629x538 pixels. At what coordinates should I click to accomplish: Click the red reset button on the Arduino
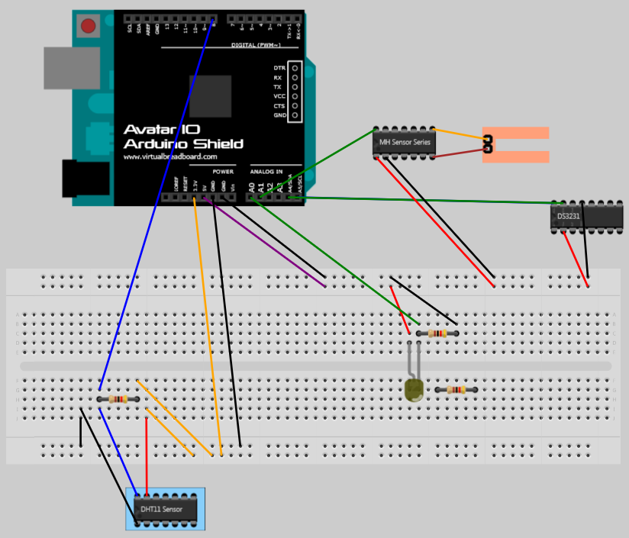tap(89, 27)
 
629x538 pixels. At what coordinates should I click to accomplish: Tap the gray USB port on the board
tap(66, 67)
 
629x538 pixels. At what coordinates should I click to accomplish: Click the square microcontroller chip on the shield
tap(211, 96)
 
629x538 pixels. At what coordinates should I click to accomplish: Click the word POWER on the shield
tap(223, 172)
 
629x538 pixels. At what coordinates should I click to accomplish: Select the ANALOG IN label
tap(266, 172)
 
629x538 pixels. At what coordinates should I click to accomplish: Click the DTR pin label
tap(279, 68)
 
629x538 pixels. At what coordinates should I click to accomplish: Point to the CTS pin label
tap(279, 106)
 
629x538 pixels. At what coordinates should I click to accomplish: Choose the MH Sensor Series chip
tap(405, 142)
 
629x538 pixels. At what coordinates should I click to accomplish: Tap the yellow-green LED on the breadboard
tap(414, 390)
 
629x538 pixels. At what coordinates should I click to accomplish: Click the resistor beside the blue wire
tap(118, 399)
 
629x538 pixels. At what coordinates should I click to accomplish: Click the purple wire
tap(267, 244)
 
